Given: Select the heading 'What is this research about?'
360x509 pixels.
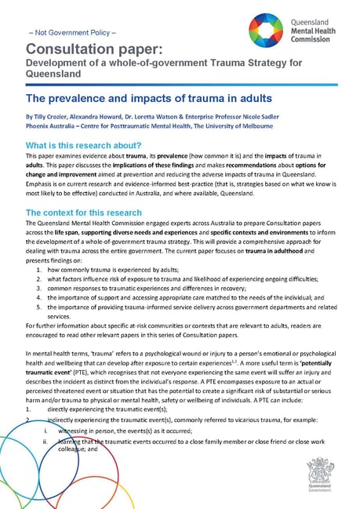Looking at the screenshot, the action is point(83,145).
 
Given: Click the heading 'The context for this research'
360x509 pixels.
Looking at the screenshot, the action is point(84,213).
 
